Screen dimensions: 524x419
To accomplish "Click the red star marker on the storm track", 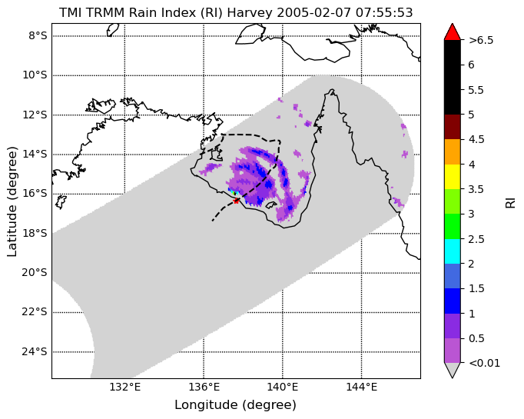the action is click(237, 201).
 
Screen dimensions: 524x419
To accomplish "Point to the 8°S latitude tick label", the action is click(38, 35).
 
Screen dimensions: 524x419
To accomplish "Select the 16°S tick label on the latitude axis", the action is click(35, 194).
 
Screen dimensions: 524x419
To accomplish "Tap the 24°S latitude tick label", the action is click(35, 352).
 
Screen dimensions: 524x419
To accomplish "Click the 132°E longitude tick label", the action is click(125, 387).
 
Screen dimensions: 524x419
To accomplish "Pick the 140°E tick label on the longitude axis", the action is click(283, 387).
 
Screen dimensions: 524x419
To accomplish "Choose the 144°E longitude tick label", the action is click(361, 387).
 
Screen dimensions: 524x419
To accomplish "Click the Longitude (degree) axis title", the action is click(235, 405).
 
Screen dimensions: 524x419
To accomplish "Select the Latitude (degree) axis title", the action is click(12, 201).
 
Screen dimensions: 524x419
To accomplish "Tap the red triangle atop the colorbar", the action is click(452, 32).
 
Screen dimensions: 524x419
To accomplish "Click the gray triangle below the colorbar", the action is click(452, 370).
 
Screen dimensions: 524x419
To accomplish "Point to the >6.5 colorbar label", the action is click(481, 40).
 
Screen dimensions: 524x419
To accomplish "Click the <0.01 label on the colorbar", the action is click(485, 363).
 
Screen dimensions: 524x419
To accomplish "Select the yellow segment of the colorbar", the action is click(452, 177).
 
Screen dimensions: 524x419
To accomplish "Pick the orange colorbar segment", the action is click(452, 151).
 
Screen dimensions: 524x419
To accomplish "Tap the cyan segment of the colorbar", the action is click(452, 251).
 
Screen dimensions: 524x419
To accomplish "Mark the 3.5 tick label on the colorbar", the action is click(476, 189).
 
